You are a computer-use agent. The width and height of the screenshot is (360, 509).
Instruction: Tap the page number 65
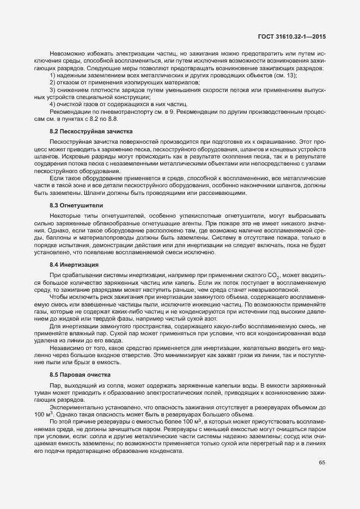[321, 462]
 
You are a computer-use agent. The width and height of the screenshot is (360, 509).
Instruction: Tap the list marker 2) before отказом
[52, 82]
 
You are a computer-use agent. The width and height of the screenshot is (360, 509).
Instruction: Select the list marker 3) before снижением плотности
[52, 89]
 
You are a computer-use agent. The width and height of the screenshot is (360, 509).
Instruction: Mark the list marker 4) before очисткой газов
[52, 103]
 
